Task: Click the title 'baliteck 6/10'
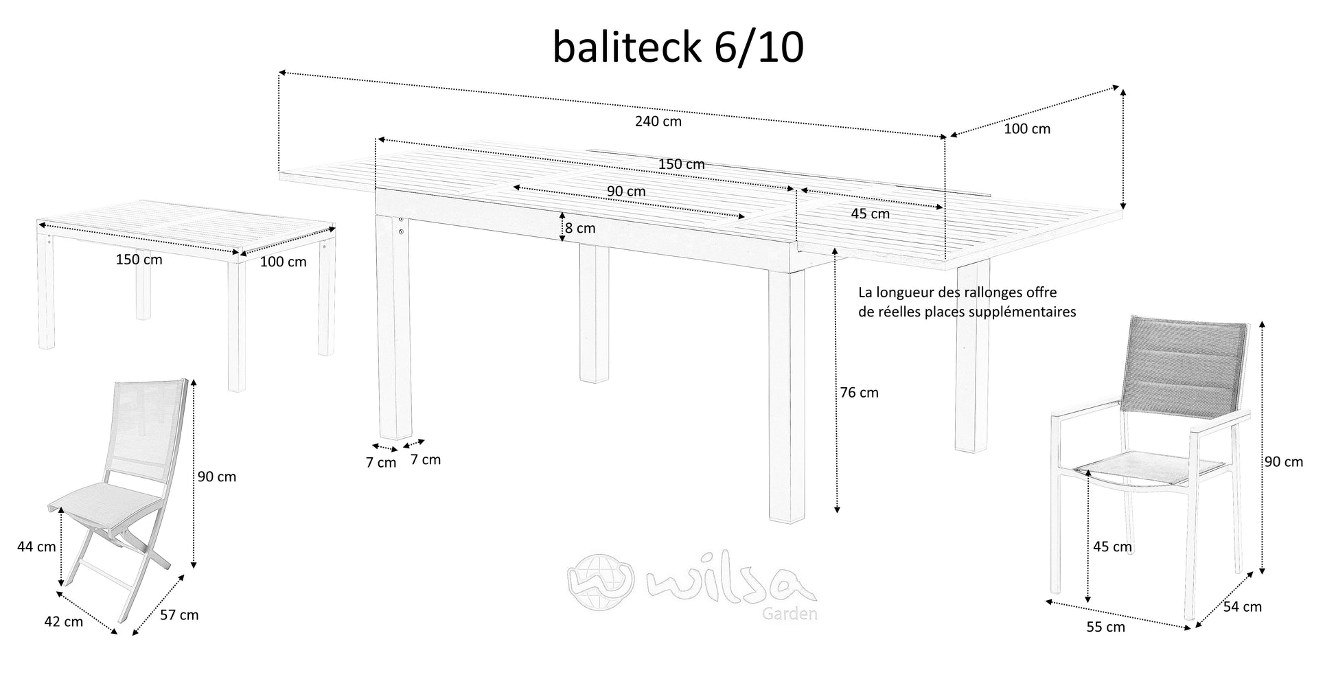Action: coord(678,48)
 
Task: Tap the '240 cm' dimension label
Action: coord(658,122)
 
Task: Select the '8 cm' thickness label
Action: coord(581,227)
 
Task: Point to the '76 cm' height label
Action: coord(859,393)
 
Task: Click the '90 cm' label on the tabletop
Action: coord(626,192)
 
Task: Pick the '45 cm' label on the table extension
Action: coord(870,214)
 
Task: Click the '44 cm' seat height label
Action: coord(36,547)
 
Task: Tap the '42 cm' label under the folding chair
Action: coord(63,622)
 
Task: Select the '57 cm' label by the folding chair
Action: coord(179,615)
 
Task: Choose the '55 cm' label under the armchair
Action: coord(1105,627)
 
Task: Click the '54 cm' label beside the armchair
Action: coord(1243,607)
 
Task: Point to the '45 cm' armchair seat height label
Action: coord(1112,547)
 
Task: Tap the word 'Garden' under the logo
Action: coord(790,614)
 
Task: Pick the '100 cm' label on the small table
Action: coord(283,262)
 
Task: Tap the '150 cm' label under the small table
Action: coord(139,260)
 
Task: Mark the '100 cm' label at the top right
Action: coord(1027,129)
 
